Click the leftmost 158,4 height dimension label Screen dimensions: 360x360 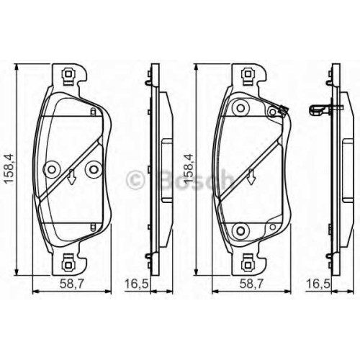tap(10, 169)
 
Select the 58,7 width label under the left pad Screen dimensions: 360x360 tap(71, 284)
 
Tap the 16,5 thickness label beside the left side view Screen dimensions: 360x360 tap(136, 284)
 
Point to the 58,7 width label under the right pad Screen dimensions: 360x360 tap(252, 284)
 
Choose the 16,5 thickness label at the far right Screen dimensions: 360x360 tap(318, 284)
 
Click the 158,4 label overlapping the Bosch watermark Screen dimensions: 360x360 tap(189, 169)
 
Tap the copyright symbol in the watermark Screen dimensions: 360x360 tap(136, 179)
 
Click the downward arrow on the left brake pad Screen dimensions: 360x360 tap(71, 177)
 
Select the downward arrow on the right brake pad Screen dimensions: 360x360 tap(251, 177)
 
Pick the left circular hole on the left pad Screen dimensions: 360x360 tap(52, 170)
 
